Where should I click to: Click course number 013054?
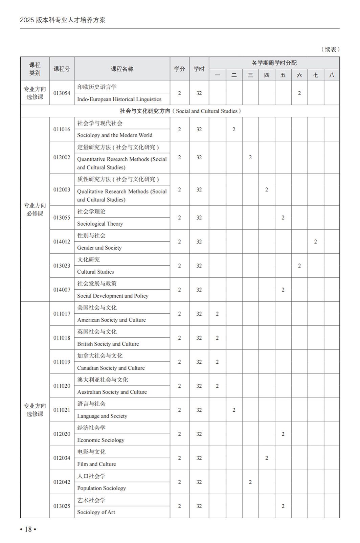click(x=62, y=93)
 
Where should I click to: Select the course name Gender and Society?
click(x=99, y=248)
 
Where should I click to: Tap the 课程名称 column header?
click(x=122, y=69)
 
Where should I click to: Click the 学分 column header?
click(x=179, y=69)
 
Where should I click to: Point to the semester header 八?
click(x=332, y=75)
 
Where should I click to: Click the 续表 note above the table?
click(x=330, y=49)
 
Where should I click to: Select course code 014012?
click(x=62, y=242)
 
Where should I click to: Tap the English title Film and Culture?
click(x=96, y=464)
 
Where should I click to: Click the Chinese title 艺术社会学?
click(x=91, y=500)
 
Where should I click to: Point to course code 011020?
click(x=62, y=386)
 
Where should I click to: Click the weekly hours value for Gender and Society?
click(x=315, y=242)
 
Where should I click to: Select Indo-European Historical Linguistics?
click(x=119, y=99)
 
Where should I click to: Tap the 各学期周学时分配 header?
click(x=274, y=63)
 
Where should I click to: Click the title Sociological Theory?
click(x=100, y=224)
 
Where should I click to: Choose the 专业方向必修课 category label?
click(x=35, y=209)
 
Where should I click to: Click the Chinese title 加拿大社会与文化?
click(x=99, y=356)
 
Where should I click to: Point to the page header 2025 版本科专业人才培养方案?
click(x=63, y=20)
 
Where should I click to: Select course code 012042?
click(x=62, y=482)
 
